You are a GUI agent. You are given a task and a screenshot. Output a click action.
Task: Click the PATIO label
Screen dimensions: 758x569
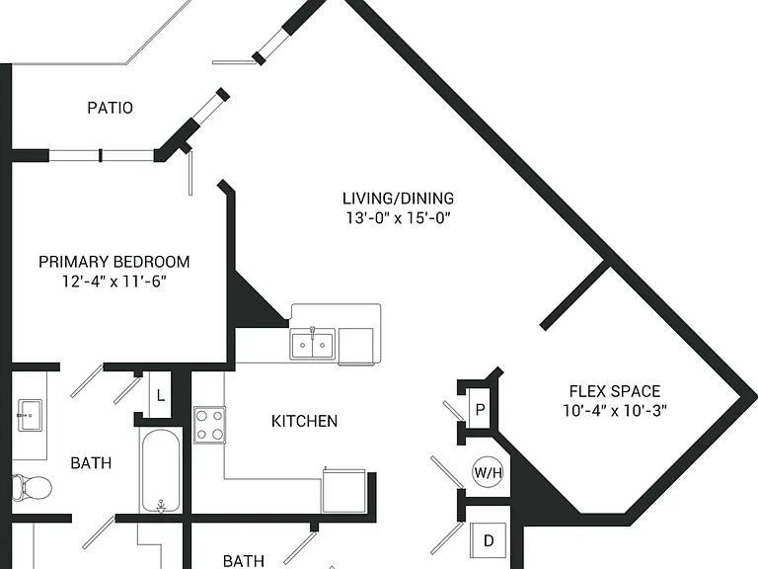pos(111,108)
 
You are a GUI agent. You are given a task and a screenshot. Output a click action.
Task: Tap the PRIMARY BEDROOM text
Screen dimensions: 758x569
pos(114,262)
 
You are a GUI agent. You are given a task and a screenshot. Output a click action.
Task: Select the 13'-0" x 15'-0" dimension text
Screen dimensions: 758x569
pos(399,217)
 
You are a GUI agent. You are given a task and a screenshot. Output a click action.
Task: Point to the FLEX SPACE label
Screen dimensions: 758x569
pos(615,391)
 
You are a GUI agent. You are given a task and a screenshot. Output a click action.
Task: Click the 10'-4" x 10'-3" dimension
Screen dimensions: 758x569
pos(615,410)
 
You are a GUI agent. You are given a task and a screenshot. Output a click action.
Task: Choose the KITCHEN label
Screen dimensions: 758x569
pos(305,421)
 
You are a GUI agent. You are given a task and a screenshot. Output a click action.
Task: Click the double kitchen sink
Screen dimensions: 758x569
pos(312,344)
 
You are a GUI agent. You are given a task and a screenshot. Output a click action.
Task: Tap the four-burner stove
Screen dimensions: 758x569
pos(210,426)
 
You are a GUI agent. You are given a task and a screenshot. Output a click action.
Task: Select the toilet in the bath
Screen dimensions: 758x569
pos(32,487)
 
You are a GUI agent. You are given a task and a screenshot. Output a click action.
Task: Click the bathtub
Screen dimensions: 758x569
pos(161,470)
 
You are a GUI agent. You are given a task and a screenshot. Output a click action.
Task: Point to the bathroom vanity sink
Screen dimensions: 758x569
pos(30,415)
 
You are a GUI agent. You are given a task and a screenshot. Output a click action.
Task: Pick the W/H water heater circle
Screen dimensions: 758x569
pos(489,472)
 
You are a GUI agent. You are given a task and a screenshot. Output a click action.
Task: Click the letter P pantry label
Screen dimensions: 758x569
pos(480,410)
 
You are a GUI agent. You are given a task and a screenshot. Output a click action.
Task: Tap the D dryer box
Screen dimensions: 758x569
pos(489,540)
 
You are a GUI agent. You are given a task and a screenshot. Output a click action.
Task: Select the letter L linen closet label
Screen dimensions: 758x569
pos(161,396)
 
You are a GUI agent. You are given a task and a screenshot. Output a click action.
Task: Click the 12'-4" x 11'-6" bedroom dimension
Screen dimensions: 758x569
pos(114,282)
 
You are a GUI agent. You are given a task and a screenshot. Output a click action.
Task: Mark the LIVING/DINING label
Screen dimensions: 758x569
pos(399,199)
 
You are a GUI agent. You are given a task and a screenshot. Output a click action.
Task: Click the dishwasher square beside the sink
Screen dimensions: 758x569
pos(355,346)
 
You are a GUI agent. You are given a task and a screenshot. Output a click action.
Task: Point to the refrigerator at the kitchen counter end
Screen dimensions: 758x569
pos(343,490)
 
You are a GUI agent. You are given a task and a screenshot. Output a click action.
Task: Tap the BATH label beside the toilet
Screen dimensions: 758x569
pos(91,463)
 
